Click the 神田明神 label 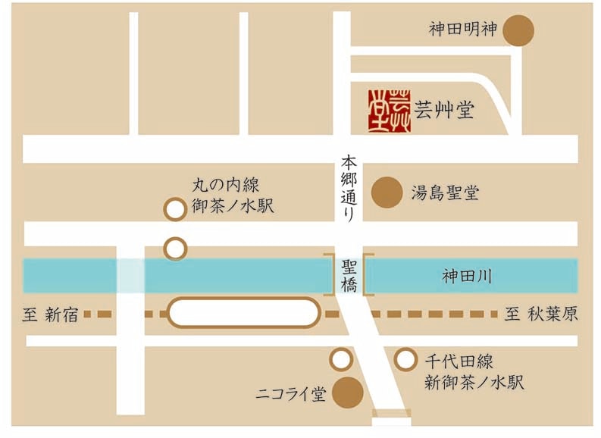coord(462,30)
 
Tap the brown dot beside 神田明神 coord(519,31)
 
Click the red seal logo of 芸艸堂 coord(390,111)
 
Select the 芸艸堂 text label coord(445,111)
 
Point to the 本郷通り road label coord(348,186)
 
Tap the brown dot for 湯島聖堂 coord(387,192)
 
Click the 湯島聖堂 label coord(445,192)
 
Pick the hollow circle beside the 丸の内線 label coord(175,209)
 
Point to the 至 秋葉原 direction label coord(541,314)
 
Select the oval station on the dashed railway coord(243,313)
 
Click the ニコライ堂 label coord(290,394)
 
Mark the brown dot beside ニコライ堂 coord(348,393)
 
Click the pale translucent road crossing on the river coord(130,276)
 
